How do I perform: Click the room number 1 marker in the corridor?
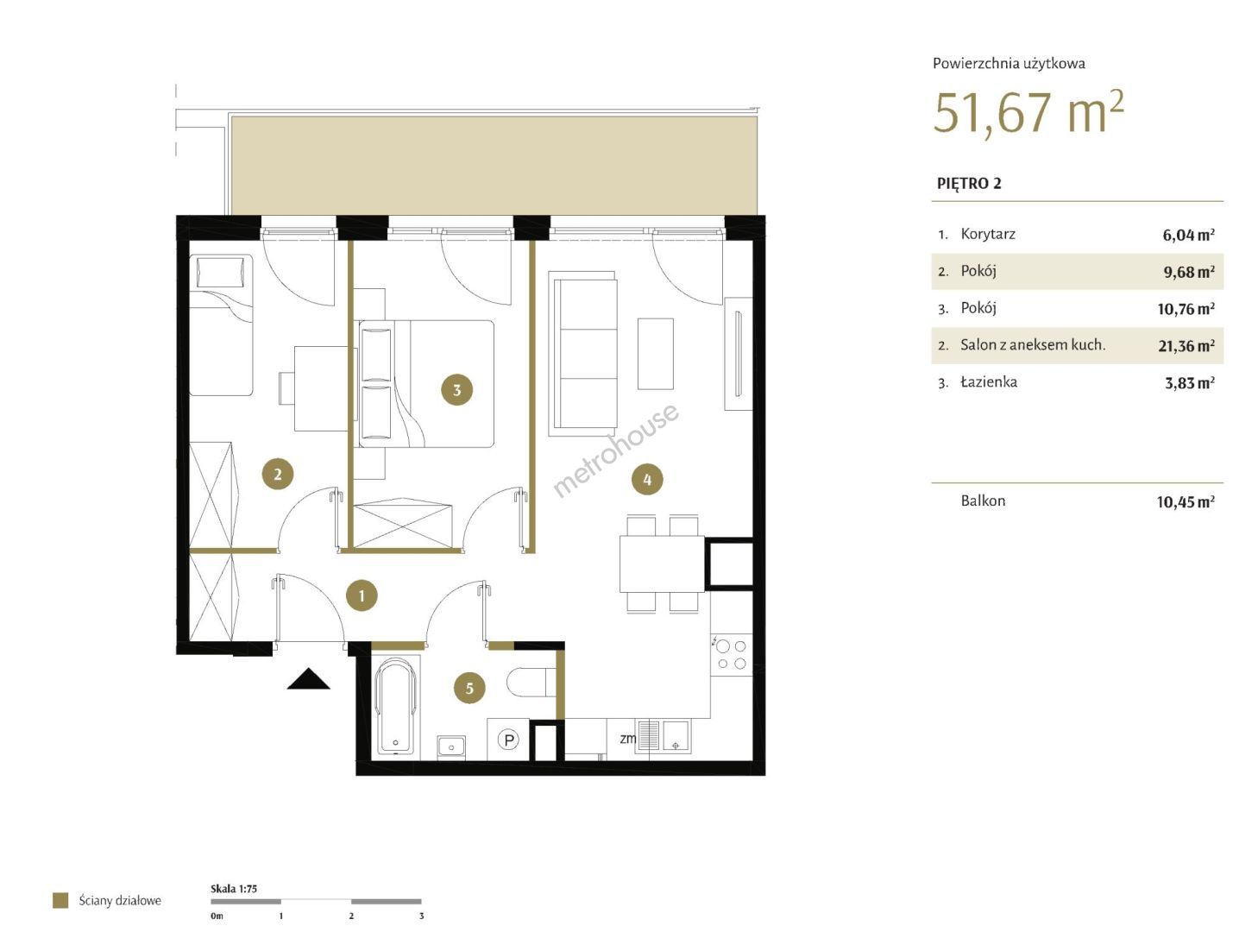pyautogui.click(x=362, y=595)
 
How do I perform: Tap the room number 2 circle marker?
pyautogui.click(x=278, y=474)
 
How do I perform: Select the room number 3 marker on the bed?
pyautogui.click(x=457, y=389)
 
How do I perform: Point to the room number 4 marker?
pyautogui.click(x=647, y=479)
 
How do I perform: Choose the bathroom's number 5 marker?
pyautogui.click(x=469, y=688)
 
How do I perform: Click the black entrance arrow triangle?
pyautogui.click(x=308, y=678)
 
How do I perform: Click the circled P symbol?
pyautogui.click(x=509, y=739)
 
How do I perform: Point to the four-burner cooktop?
pyautogui.click(x=731, y=654)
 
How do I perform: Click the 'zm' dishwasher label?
pyautogui.click(x=627, y=739)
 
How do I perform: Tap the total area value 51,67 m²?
pyautogui.click(x=1028, y=113)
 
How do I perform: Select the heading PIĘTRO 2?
pyautogui.click(x=969, y=184)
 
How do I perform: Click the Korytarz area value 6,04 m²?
pyautogui.click(x=1188, y=235)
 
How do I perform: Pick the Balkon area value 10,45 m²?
pyautogui.click(x=1186, y=501)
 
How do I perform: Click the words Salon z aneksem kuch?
pyautogui.click(x=1033, y=345)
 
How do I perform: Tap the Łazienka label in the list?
pyautogui.click(x=989, y=381)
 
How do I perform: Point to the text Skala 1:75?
pyautogui.click(x=234, y=889)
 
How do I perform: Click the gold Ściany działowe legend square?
pyautogui.click(x=60, y=900)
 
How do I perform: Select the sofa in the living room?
pyautogui.click(x=582, y=353)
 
